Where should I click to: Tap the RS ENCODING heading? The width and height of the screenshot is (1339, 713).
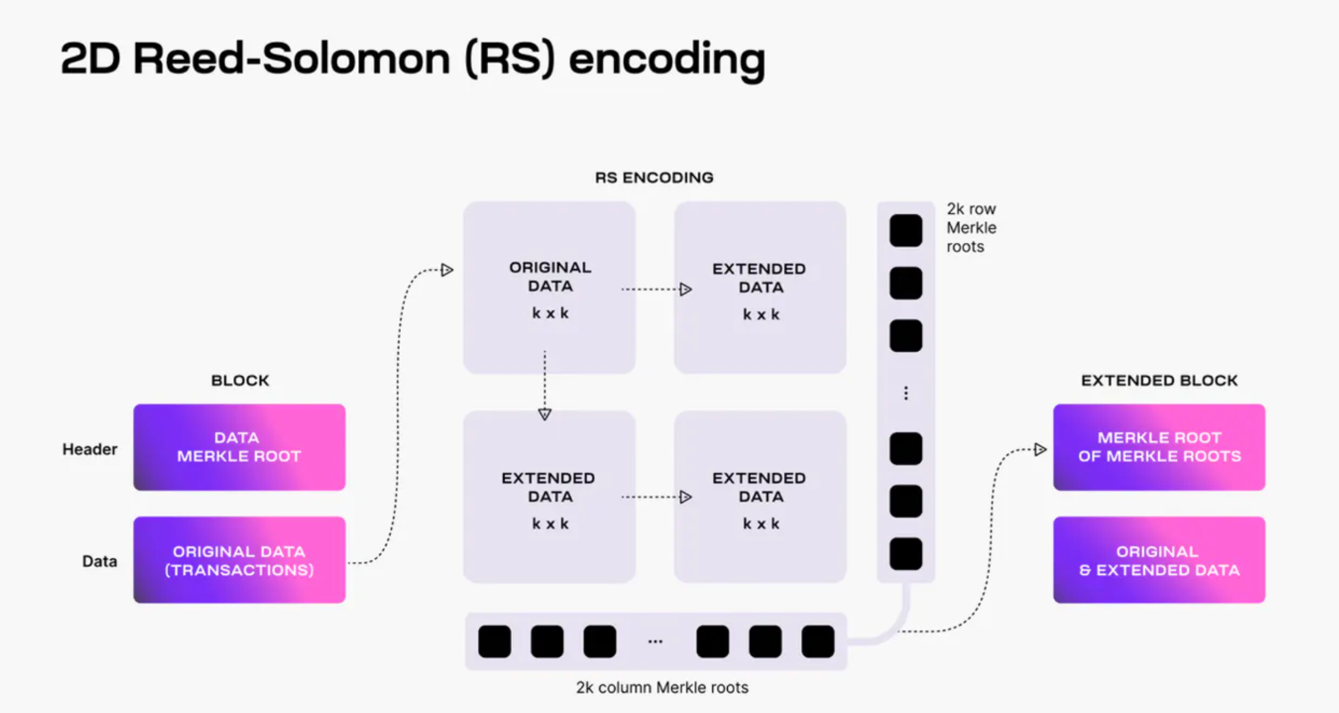(x=654, y=177)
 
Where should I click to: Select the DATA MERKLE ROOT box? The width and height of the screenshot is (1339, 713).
(x=239, y=447)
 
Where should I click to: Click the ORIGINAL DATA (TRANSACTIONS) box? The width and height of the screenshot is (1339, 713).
(x=239, y=560)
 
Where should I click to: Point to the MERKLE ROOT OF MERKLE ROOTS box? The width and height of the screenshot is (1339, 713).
(x=1159, y=447)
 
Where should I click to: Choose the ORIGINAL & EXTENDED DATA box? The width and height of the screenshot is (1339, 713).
(x=1159, y=560)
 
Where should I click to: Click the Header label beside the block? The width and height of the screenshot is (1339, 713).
(x=90, y=449)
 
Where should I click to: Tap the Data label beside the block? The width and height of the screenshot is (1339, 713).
(x=99, y=561)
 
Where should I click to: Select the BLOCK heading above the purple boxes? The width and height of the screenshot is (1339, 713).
(x=240, y=380)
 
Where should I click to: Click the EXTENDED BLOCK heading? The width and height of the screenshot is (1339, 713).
(x=1159, y=380)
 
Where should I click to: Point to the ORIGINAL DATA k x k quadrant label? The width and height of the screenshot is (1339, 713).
(x=550, y=290)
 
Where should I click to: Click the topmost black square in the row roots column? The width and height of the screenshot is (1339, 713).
(x=906, y=231)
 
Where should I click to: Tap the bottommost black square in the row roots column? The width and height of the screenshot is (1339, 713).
(x=906, y=554)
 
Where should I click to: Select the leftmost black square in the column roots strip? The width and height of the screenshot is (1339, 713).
(x=494, y=641)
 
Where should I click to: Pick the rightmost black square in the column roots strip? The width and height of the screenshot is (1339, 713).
(x=818, y=641)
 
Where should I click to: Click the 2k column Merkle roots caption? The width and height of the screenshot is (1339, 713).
(x=662, y=688)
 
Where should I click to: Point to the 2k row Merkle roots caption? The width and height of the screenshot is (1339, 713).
(x=972, y=228)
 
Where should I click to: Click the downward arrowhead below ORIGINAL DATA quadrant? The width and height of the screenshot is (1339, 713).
(x=545, y=414)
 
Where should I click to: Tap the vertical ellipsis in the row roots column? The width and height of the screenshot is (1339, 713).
(x=906, y=393)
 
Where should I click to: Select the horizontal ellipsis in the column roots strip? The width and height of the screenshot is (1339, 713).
(x=655, y=641)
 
